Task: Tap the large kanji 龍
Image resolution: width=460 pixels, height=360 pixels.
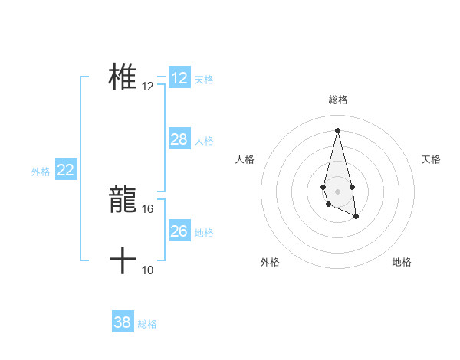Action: click(123, 201)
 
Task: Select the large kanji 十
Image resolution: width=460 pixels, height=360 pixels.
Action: click(123, 261)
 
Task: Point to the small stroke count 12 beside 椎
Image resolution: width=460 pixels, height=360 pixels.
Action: click(148, 87)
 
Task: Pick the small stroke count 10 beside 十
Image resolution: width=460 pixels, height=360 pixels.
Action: click(148, 270)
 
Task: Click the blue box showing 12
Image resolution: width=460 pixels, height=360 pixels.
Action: click(179, 78)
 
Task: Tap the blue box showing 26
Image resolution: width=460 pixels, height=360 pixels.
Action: click(179, 231)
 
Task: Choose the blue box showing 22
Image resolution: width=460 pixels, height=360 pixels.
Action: click(66, 170)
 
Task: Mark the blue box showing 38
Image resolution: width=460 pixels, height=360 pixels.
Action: click(123, 322)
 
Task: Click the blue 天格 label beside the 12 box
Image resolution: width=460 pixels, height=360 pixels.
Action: click(204, 79)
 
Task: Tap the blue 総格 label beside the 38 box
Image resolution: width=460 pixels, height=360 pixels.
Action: click(147, 324)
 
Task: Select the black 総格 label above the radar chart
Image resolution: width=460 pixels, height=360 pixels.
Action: click(338, 100)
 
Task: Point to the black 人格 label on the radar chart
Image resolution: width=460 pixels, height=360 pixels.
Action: click(245, 159)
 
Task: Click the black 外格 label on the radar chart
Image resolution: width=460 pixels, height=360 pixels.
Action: click(270, 262)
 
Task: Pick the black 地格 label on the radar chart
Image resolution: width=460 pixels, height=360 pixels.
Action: click(402, 262)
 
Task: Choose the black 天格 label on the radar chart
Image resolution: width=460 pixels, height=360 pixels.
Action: click(431, 159)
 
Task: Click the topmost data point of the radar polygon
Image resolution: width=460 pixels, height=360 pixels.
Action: click(337, 129)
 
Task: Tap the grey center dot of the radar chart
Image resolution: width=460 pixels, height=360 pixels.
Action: click(337, 190)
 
